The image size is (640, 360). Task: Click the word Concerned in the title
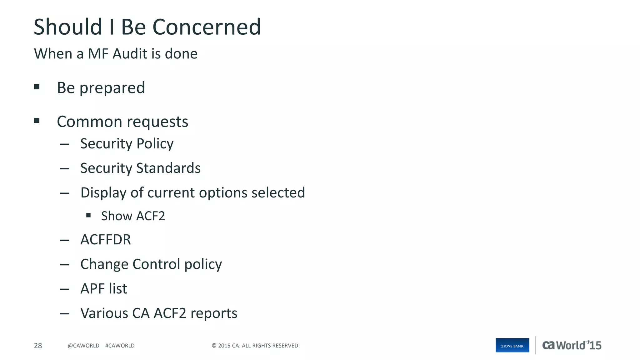click(x=207, y=27)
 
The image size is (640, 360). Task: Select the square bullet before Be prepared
click(x=37, y=87)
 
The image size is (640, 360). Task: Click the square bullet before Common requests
click(x=37, y=121)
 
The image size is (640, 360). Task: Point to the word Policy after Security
click(x=155, y=144)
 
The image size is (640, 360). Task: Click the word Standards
click(x=168, y=168)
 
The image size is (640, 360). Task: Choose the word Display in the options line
click(x=103, y=193)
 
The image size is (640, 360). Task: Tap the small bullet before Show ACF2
click(x=88, y=215)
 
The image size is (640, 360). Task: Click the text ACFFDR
click(x=106, y=240)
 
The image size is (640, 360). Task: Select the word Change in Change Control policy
click(x=104, y=264)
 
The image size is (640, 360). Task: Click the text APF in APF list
click(x=92, y=288)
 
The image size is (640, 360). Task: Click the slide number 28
click(x=38, y=346)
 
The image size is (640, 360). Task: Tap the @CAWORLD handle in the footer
click(x=83, y=346)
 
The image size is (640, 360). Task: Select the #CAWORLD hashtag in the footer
click(x=120, y=346)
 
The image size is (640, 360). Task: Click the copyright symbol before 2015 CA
click(x=214, y=346)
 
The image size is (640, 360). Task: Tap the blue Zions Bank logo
click(x=512, y=345)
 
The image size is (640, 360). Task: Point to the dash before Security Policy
click(x=64, y=144)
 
